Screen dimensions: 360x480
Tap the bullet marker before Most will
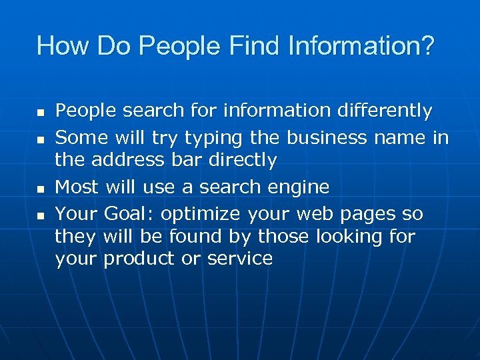tap(41, 189)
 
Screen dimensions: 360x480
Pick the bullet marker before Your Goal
tap(41, 216)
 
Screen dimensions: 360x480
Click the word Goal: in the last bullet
tap(131, 213)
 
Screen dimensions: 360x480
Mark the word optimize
tap(203, 214)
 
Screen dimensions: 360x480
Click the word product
tap(138, 259)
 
